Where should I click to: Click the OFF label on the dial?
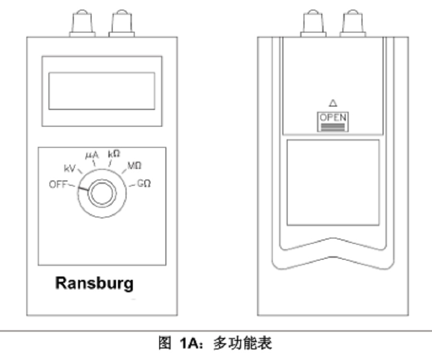coord(58,184)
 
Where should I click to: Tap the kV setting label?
coord(70,168)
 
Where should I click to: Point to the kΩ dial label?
coord(114,154)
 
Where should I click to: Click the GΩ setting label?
coord(144,183)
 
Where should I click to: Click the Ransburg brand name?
coord(94,283)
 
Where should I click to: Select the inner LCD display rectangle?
coord(102,91)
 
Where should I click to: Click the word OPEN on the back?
coord(333,118)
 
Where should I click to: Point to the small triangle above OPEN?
coord(333,103)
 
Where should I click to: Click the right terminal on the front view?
coord(121,23)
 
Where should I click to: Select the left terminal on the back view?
coord(313,23)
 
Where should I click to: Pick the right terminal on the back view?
coord(352,23)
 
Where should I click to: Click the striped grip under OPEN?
coord(333,127)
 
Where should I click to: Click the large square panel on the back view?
coord(333,182)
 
